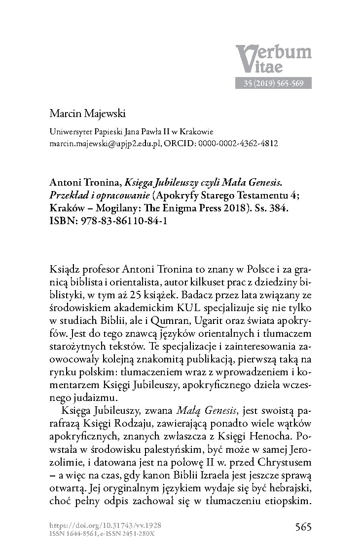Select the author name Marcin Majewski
pos(88,115)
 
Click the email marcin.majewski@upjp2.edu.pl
pos(107,144)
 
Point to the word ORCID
pos(194,144)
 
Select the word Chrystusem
pos(281,463)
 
